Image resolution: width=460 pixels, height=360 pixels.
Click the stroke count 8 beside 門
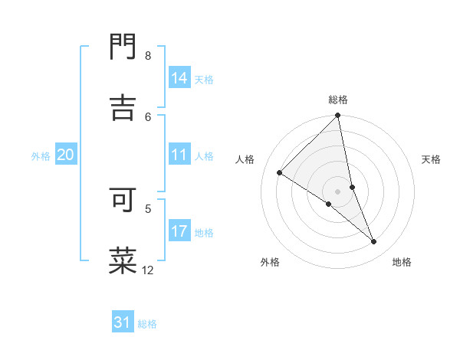[148, 56]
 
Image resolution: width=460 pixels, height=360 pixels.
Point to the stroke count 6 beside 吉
[148, 116]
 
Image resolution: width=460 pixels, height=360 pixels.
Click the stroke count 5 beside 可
[148, 207]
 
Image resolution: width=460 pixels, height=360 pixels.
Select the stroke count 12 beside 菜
[148, 270]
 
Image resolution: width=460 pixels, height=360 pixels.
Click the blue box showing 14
[179, 78]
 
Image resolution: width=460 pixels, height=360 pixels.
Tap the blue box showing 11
[179, 155]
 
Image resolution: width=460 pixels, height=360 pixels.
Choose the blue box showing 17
[179, 231]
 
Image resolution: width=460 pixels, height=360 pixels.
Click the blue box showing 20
[65, 155]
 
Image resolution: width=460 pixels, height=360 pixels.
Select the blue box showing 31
[123, 322]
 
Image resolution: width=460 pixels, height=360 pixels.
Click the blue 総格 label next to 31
[147, 324]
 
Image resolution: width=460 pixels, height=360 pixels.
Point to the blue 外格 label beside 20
[41, 156]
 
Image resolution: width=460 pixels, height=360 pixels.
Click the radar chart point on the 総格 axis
[337, 116]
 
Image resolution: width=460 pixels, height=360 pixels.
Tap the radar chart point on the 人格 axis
[280, 173]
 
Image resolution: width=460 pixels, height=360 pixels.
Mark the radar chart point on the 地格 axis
[374, 242]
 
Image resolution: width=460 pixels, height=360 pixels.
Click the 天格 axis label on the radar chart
[431, 159]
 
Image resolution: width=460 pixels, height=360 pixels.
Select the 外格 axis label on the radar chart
[270, 262]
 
